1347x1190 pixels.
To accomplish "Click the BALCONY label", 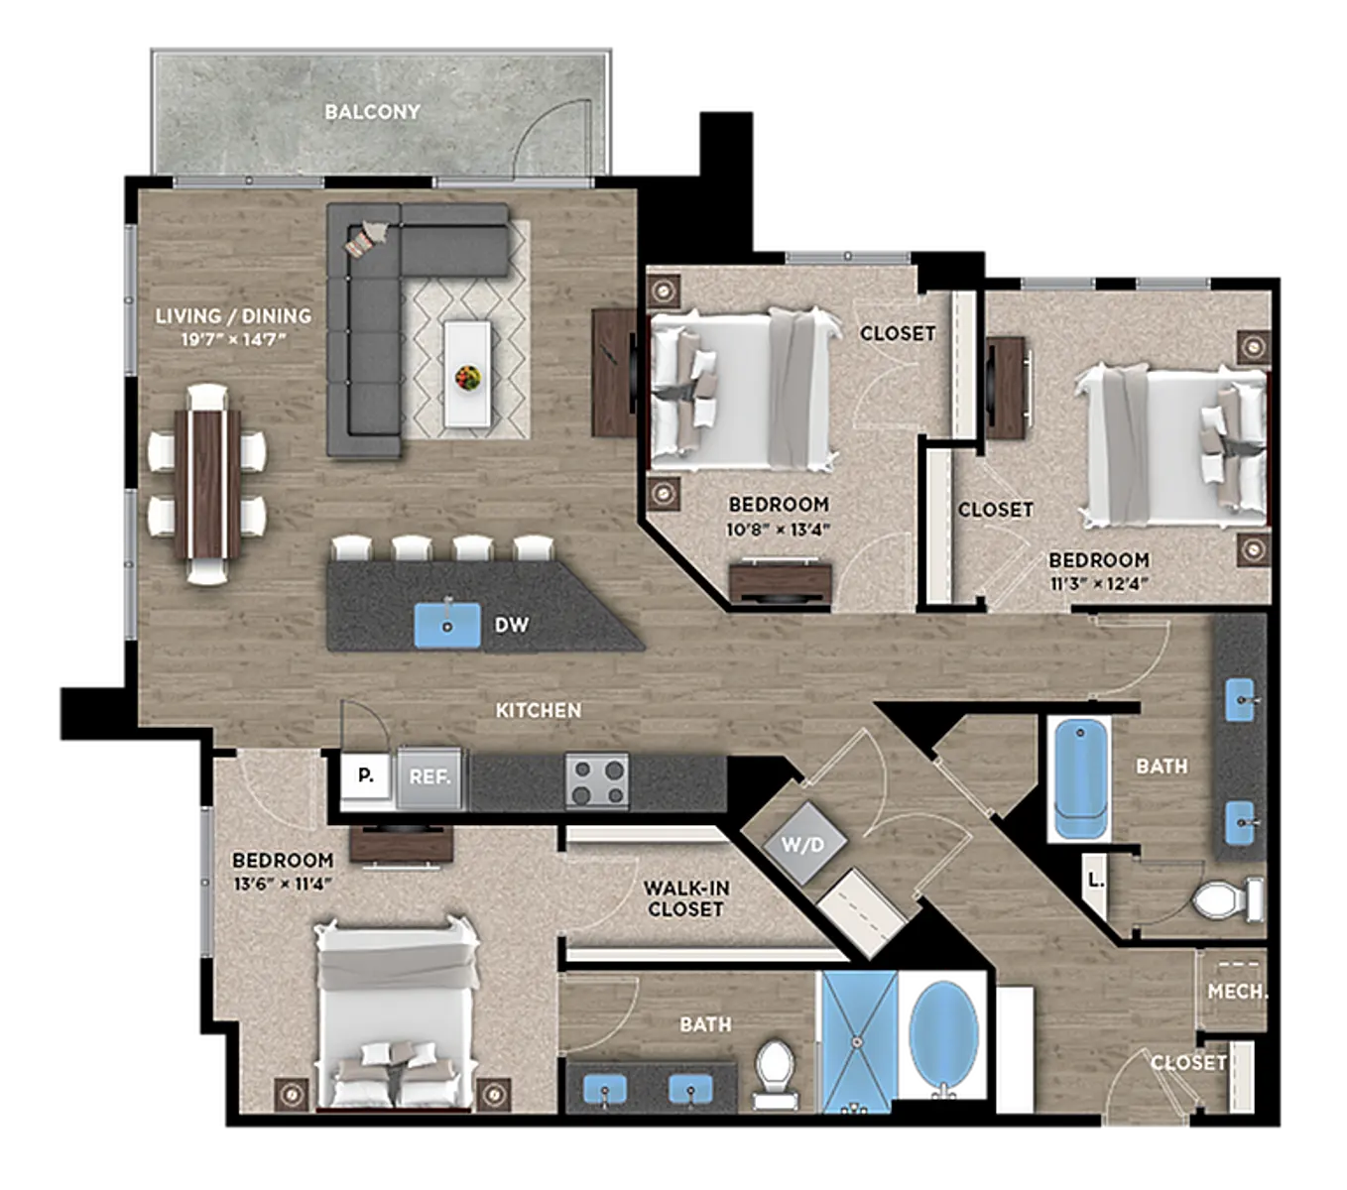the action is [x=372, y=112].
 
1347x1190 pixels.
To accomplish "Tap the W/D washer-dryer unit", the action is [x=803, y=844].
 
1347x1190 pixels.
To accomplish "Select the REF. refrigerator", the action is [x=429, y=777].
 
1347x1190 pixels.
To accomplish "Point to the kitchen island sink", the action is [x=446, y=624].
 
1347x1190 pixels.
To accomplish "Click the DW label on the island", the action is [x=511, y=624].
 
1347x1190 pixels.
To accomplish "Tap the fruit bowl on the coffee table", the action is [x=467, y=377].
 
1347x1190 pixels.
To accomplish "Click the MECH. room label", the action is [x=1237, y=992].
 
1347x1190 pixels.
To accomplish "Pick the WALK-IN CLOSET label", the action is [x=686, y=898].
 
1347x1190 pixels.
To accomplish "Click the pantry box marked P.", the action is [x=365, y=775].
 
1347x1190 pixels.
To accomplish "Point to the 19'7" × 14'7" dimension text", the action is [x=233, y=340].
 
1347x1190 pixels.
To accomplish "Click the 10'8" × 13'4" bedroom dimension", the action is [x=779, y=530].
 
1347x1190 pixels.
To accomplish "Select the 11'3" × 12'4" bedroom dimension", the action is [x=1099, y=584].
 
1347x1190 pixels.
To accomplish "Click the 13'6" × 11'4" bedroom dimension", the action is [x=283, y=884].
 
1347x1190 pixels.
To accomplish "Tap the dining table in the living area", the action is [x=207, y=485].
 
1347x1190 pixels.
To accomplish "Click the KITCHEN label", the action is [x=539, y=710].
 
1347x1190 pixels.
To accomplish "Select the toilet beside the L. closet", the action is [x=1227, y=900].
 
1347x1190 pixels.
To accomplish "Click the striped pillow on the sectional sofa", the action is [x=360, y=241].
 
